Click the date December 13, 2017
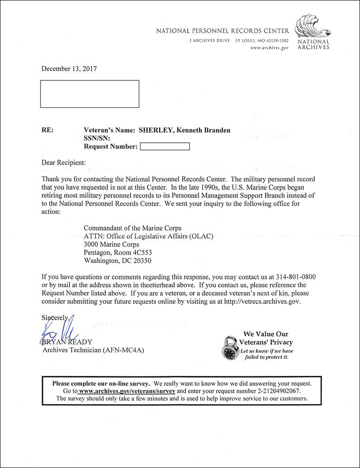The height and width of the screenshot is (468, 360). click(69, 69)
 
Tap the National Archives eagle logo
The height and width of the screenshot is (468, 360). click(313, 28)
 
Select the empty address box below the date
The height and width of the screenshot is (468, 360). click(89, 94)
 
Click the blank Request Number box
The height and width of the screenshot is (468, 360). click(164, 146)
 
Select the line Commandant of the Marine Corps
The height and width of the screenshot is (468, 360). click(133, 228)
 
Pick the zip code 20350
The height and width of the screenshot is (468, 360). click(145, 261)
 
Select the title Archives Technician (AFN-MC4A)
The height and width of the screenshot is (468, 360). click(94, 350)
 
